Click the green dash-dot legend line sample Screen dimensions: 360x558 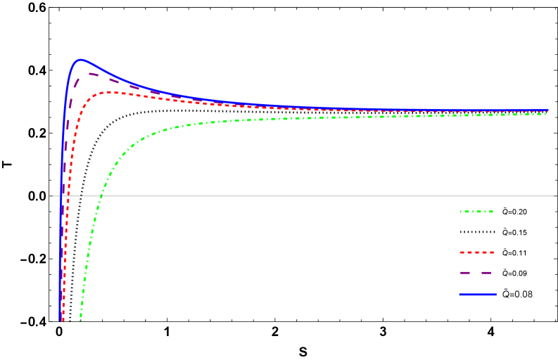[476, 211]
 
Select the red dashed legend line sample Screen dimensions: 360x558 [476, 252]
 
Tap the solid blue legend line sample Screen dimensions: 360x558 [476, 295]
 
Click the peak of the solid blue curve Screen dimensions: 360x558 [81, 60]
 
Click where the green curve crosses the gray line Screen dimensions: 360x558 [100, 196]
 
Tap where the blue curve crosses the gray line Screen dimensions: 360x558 [61, 196]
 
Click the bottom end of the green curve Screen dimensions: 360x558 [80, 320]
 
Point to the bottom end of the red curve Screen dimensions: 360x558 [63, 320]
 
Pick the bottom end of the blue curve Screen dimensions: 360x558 [60, 320]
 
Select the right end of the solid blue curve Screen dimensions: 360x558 [548, 110]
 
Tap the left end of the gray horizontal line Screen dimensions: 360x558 [51, 196]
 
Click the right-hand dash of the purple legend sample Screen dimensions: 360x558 [486, 272]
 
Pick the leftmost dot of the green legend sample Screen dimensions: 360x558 [461, 211]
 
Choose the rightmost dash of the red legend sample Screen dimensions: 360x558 [490, 252]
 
